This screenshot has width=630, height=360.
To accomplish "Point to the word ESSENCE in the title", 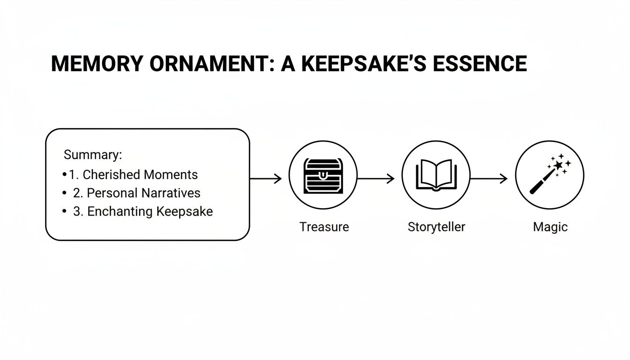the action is click(x=480, y=64).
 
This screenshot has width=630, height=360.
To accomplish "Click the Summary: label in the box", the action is click(x=93, y=155).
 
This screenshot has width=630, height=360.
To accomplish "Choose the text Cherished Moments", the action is click(x=140, y=175).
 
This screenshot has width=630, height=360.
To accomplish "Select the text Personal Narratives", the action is click(x=143, y=193).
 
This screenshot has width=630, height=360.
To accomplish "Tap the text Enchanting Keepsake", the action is click(x=150, y=211).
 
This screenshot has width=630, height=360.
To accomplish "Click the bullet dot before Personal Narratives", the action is click(x=64, y=193).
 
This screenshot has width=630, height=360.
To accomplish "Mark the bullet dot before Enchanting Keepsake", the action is click(x=64, y=211).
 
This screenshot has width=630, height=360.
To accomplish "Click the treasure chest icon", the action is click(x=323, y=176).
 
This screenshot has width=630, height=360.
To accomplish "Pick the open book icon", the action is click(x=436, y=175).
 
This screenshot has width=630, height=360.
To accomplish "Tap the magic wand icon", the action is click(x=550, y=174).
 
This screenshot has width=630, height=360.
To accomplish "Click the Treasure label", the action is click(x=324, y=227).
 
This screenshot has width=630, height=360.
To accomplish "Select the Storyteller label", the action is click(x=436, y=227).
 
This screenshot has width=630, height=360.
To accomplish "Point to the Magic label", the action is click(x=550, y=227).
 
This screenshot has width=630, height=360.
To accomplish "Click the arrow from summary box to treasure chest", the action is click(x=265, y=178).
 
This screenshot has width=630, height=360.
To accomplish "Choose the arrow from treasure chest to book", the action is click(x=376, y=178).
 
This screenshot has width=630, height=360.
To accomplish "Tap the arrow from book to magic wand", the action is click(x=489, y=178).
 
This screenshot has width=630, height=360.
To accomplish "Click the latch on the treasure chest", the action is click(x=323, y=175).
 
